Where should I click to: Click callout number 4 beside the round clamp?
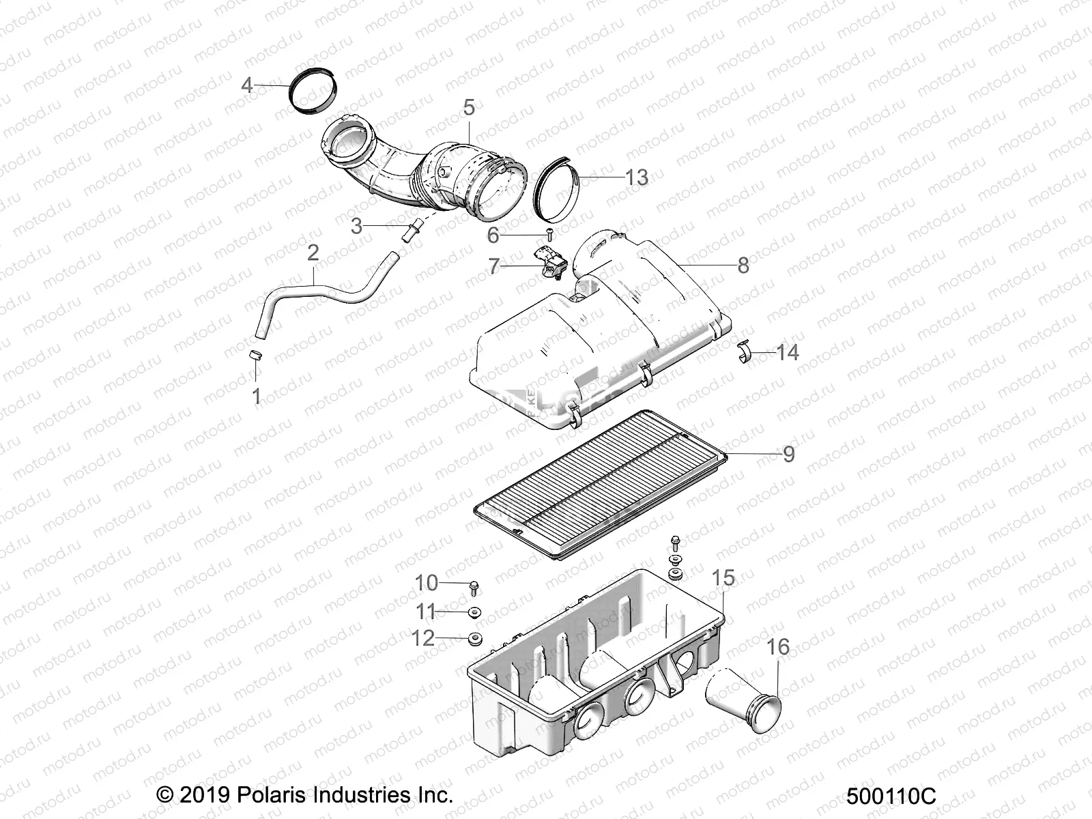[x=247, y=85]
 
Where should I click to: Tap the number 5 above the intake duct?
[x=468, y=107]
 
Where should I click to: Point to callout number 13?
[x=636, y=177]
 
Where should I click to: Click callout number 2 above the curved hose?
[x=313, y=253]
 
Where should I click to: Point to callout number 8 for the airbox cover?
[x=743, y=265]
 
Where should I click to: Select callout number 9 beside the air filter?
[x=788, y=454]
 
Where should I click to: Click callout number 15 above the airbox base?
[x=723, y=578]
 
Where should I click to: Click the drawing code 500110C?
[x=891, y=796]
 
